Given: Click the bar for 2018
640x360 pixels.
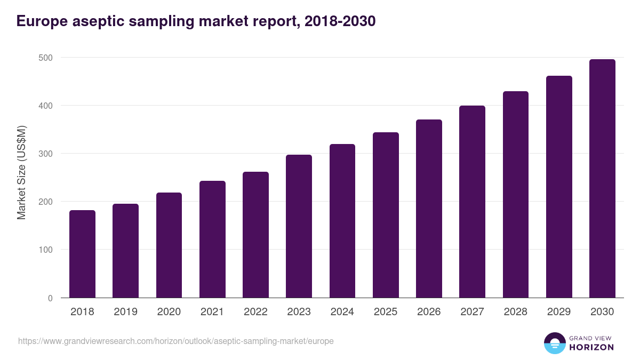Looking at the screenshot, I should tap(82, 254).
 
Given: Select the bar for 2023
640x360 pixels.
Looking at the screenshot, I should tap(299, 226).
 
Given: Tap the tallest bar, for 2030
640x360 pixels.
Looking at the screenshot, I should tap(602, 179).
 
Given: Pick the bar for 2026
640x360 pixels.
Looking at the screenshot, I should tap(429, 209).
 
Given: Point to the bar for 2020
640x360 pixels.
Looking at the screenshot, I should tap(169, 245).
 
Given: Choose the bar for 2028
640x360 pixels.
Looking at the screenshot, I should tap(516, 195).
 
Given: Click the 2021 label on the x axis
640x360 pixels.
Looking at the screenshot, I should tap(212, 312).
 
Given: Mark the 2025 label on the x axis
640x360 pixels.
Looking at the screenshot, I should tap(386, 312).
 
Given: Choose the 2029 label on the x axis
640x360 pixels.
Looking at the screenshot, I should tap(559, 312).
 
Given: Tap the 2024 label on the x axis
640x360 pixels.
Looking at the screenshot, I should tap(342, 312).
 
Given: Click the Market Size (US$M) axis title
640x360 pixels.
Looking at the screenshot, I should tap(22, 172).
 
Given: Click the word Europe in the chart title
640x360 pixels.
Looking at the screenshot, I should tap(42, 21).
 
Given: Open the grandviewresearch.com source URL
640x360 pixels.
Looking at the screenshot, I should tap(176, 341).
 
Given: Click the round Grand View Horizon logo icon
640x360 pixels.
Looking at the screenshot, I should tap(554, 343).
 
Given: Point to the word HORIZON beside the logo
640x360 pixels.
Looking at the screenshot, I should tap(592, 347).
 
